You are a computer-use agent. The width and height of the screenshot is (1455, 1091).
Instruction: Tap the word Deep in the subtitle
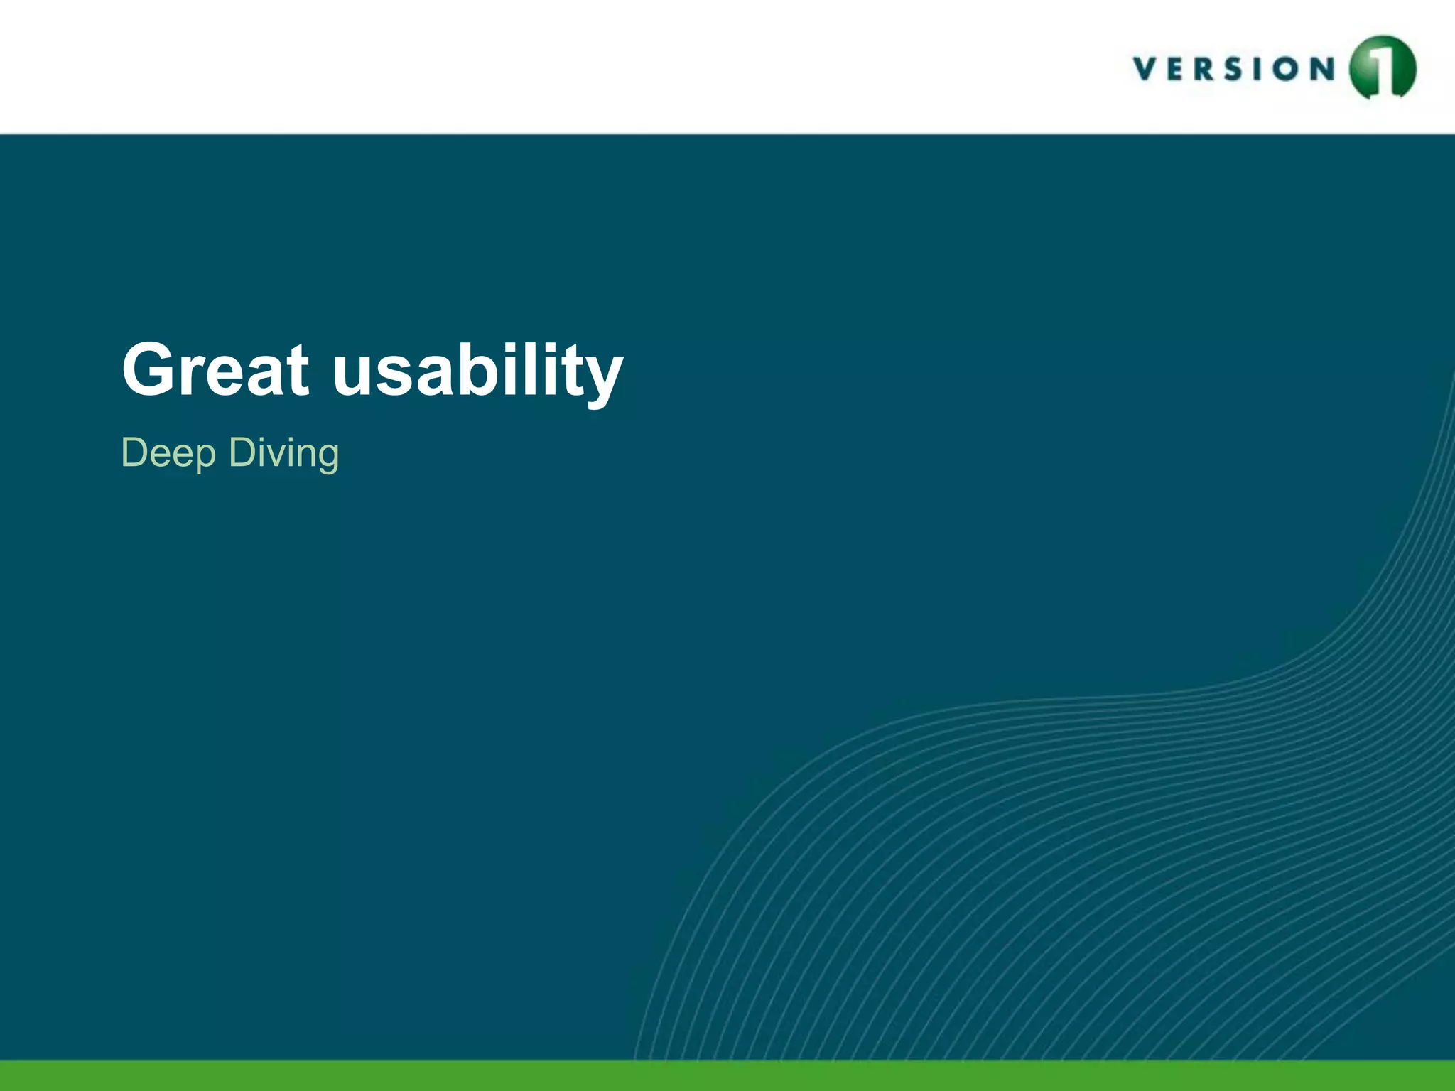pos(168,453)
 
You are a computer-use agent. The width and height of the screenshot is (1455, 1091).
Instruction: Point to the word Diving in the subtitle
pos(284,455)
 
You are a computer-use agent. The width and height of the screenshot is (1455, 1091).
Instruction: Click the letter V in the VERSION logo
pos(1146,69)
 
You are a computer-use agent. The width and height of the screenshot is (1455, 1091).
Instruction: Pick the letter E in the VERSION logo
pos(1177,69)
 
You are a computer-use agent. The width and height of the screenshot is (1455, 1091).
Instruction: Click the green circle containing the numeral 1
pos(1383,68)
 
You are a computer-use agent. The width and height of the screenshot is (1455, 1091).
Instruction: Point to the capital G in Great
pos(150,369)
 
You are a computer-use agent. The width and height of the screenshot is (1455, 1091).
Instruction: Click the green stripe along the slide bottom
pos(727,1075)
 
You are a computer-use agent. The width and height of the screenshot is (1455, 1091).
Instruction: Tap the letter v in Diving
pos(274,455)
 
